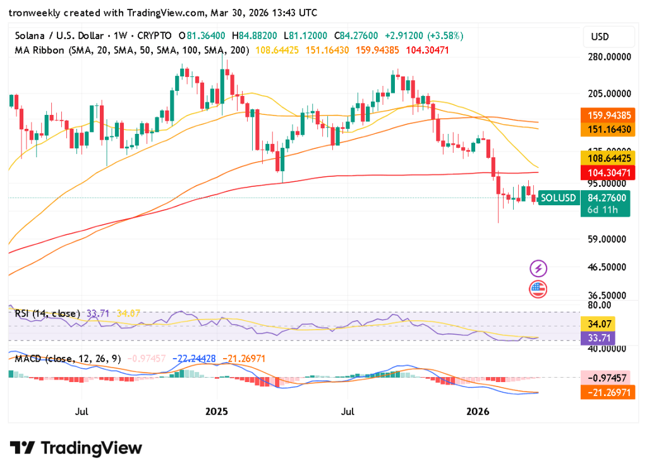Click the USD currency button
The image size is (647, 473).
pyautogui.click(x=600, y=37)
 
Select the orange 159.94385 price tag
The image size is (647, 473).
pyautogui.click(x=605, y=116)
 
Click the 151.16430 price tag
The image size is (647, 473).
pyautogui.click(x=605, y=129)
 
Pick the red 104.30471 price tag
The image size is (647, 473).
pyautogui.click(x=605, y=172)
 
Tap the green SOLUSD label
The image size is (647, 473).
pyautogui.click(x=558, y=198)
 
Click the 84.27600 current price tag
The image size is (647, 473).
pyautogui.click(x=605, y=198)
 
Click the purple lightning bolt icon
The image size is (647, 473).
pyautogui.click(x=538, y=268)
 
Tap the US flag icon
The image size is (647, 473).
pyautogui.click(x=538, y=290)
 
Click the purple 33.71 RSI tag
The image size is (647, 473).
pyautogui.click(x=597, y=337)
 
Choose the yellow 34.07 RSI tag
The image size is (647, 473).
pyautogui.click(x=597, y=324)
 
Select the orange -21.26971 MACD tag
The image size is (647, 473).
pyautogui.click(x=605, y=392)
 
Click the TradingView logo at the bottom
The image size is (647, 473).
pyautogui.click(x=76, y=448)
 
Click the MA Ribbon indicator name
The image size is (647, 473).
pyautogui.click(x=39, y=49)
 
